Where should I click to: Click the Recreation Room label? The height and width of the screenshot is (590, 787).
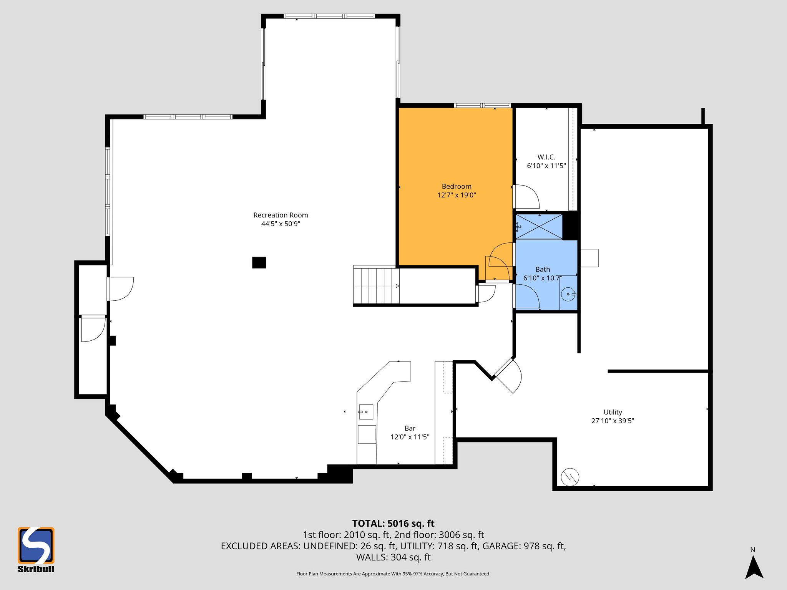pyautogui.click(x=281, y=215)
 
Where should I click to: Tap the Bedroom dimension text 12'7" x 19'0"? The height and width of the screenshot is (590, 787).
pyautogui.click(x=457, y=195)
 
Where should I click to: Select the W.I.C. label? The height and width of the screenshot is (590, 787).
pyautogui.click(x=546, y=157)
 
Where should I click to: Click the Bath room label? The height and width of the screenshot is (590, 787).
pyautogui.click(x=543, y=269)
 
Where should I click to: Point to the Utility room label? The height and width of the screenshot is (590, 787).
pyautogui.click(x=613, y=412)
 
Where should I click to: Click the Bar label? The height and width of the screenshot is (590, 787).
pyautogui.click(x=410, y=428)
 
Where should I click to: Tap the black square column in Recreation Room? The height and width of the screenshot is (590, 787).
pyautogui.click(x=259, y=263)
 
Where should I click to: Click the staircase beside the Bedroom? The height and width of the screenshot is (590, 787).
pyautogui.click(x=376, y=286)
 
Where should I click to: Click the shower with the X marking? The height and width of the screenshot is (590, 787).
pyautogui.click(x=539, y=227)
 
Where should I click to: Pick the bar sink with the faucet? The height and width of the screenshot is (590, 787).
pyautogui.click(x=366, y=412)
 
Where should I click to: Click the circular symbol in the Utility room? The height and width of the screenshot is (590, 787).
pyautogui.click(x=570, y=477)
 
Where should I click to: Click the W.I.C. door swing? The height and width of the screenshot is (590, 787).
pyautogui.click(x=527, y=197)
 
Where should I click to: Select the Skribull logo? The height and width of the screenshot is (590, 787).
pyautogui.click(x=36, y=549)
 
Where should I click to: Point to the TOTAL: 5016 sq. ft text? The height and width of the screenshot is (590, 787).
pyautogui.click(x=393, y=524)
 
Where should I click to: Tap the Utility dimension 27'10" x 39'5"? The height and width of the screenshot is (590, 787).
pyautogui.click(x=613, y=421)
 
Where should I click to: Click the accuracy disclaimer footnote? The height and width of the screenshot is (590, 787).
pyautogui.click(x=393, y=574)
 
